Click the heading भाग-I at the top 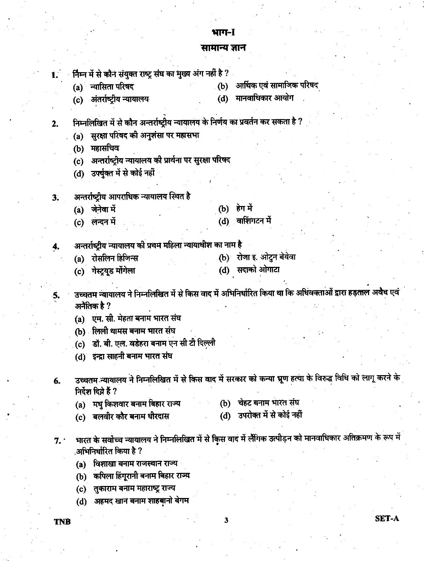pos(223,33)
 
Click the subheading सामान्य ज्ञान pos(223,47)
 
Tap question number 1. pos(55,75)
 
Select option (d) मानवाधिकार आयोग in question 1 pos(264,98)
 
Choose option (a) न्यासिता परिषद pos(112,87)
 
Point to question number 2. pos(55,124)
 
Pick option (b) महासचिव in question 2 pos(105,148)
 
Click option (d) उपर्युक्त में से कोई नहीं pos(123,173)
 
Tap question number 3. pos(55,198)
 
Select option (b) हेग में pos(244,208)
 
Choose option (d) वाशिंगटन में pos(254,221)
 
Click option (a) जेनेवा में pos(103,210)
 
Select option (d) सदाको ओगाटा pos(258,270)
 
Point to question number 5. pos(56,295)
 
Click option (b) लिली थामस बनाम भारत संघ pos(133,331)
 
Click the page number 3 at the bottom pos(226,520)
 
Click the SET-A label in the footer pos(387,519)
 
